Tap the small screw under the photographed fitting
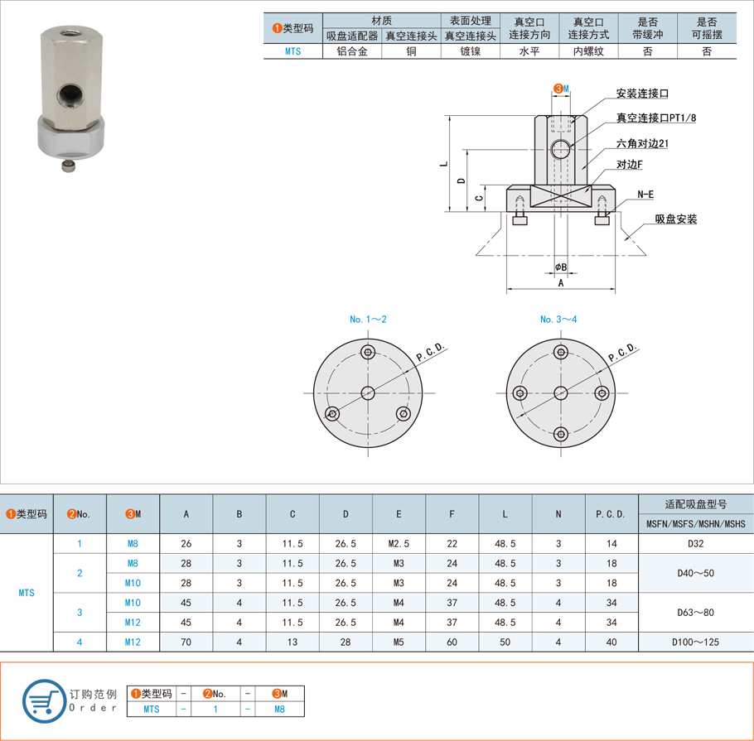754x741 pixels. [x=69, y=166]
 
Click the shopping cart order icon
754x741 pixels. [x=44, y=701]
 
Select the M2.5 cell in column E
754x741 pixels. [x=399, y=543]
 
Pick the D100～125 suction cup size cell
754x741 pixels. [x=695, y=642]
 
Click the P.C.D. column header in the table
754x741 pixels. [x=611, y=514]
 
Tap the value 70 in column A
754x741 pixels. [x=186, y=642]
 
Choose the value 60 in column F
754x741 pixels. [x=452, y=642]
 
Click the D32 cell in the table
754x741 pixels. [x=695, y=543]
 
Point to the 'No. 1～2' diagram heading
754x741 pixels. [x=368, y=319]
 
